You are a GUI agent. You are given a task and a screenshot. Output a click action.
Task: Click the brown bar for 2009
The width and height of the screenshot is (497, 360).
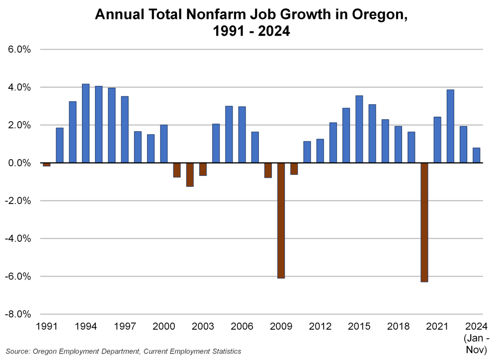281,220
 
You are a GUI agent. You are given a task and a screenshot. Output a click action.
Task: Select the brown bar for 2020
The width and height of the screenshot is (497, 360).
424,222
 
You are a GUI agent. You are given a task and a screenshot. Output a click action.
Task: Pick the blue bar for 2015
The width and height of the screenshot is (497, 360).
359,129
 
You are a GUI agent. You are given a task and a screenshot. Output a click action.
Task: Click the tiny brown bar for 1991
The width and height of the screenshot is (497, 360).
47,164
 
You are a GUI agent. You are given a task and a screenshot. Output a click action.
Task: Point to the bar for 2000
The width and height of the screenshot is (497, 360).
164,144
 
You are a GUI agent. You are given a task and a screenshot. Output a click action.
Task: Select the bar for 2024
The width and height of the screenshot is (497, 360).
476,155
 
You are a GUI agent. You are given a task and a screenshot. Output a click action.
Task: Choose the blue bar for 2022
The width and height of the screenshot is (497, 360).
450,126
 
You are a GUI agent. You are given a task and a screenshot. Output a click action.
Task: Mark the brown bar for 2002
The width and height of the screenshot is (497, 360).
190,174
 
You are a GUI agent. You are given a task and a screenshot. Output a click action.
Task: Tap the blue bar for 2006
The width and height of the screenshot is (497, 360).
242,135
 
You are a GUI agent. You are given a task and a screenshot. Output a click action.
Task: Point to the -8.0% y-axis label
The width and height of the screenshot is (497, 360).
18,314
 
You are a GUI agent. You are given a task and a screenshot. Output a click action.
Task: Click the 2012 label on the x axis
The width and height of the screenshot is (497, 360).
320,327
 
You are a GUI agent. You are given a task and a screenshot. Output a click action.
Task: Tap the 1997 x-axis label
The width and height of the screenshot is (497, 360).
125,327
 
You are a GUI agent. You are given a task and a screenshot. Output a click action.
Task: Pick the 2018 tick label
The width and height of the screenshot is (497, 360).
398,327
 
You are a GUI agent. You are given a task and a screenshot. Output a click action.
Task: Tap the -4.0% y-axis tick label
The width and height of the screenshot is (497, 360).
18,238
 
